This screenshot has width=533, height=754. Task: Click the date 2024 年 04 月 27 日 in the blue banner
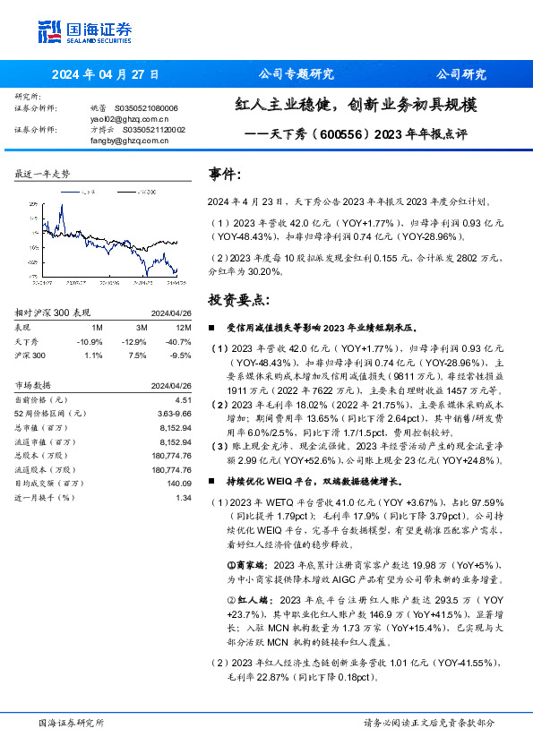[x=106, y=73]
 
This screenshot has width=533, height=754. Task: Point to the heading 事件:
[x=225, y=175]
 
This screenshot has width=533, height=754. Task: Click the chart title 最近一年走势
[x=42, y=174]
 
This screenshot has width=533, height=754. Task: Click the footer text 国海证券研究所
[x=72, y=723]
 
